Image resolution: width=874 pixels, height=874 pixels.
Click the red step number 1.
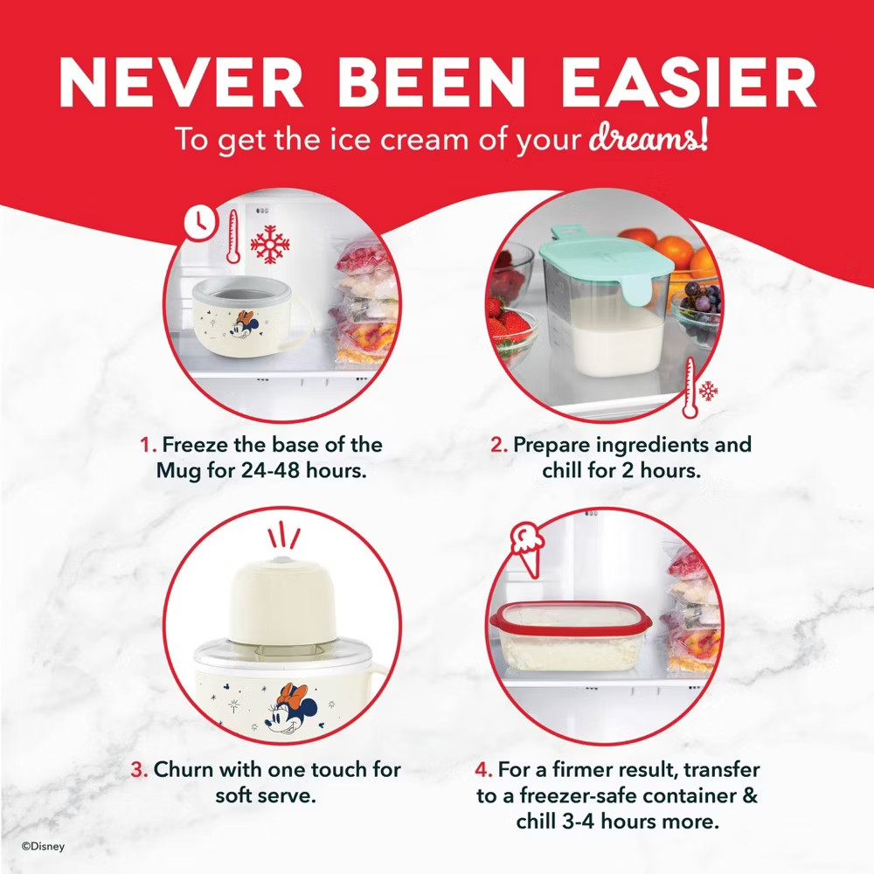(148, 444)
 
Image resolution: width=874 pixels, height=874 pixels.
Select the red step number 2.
(498, 444)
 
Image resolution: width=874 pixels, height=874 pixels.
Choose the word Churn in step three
(185, 771)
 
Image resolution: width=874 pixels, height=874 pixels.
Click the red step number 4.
(483, 771)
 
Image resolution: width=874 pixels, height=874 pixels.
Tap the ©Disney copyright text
(44, 846)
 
